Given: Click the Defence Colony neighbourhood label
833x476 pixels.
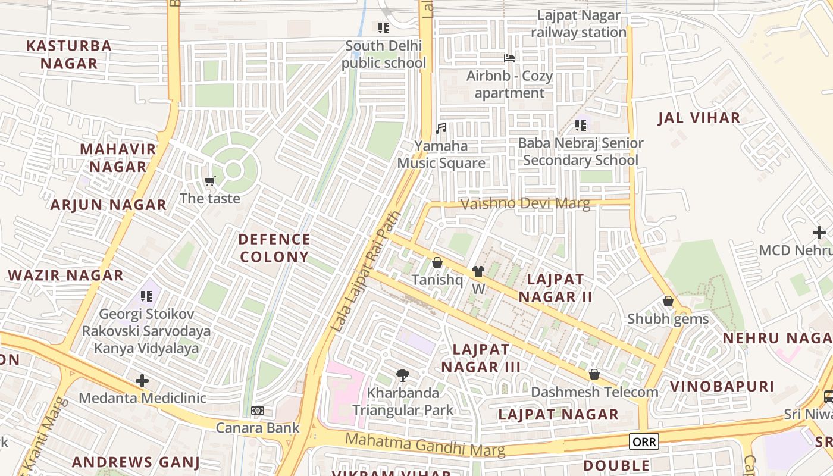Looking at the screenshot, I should [x=274, y=248].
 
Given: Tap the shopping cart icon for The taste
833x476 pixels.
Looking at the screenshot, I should [x=209, y=181].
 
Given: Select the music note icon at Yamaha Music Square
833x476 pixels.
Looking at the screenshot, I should [x=441, y=129].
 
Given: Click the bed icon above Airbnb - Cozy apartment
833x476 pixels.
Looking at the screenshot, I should [x=509, y=58].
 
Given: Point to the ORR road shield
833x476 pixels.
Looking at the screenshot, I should [x=644, y=441].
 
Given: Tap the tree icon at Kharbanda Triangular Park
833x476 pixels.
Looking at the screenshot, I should [x=403, y=375].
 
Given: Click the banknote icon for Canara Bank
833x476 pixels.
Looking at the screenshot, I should [x=258, y=411].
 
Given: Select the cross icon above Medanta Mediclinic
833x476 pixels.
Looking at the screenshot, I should [x=142, y=381].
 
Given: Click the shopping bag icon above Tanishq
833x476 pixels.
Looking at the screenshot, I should [x=437, y=262].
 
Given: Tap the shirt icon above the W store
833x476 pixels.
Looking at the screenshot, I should [x=478, y=271].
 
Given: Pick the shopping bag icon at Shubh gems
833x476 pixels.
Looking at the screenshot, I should [x=668, y=302].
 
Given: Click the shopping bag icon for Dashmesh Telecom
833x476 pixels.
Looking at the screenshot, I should [x=594, y=374].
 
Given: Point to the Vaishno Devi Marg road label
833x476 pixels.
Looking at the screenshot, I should [x=525, y=204].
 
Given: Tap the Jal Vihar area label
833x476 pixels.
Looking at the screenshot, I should [x=699, y=118].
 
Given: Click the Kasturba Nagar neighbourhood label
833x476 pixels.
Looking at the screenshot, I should [x=69, y=55].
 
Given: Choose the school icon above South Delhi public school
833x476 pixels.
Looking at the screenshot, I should [x=384, y=28].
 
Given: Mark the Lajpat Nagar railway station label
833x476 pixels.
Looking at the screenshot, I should [x=578, y=24].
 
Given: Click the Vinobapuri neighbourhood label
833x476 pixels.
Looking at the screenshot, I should [x=722, y=386].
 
